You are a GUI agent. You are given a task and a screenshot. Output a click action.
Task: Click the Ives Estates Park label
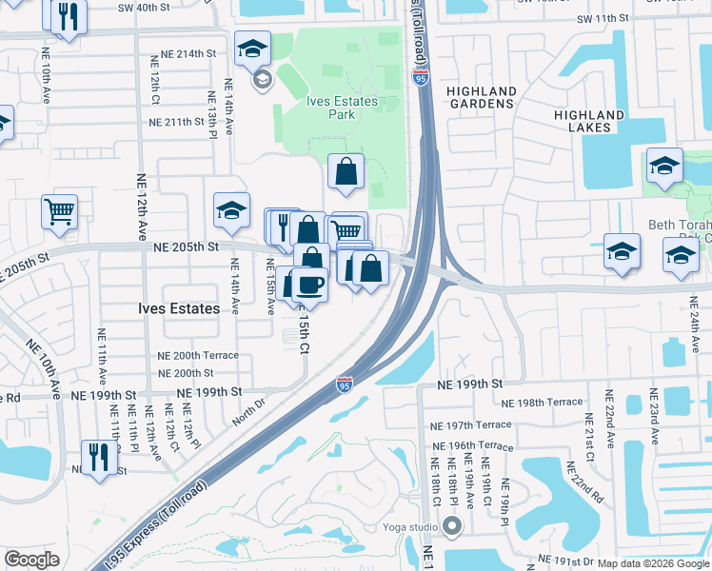[x=343, y=108]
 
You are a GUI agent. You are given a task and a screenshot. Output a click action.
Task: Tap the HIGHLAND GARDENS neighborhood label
[x=482, y=99]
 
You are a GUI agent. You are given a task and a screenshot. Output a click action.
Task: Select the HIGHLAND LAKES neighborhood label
[x=589, y=122]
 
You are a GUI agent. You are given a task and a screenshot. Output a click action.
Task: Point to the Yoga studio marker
[x=452, y=526]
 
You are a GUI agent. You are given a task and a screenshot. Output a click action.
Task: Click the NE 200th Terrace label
[x=198, y=355]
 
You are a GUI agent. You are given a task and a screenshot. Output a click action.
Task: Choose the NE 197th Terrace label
[x=470, y=425]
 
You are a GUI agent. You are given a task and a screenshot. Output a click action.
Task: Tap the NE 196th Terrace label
[x=472, y=445]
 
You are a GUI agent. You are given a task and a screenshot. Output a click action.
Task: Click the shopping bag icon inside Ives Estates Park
[x=346, y=171]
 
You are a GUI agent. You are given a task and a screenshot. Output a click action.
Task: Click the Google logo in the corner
[x=32, y=560]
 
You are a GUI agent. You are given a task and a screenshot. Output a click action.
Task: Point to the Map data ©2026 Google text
[x=653, y=563]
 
